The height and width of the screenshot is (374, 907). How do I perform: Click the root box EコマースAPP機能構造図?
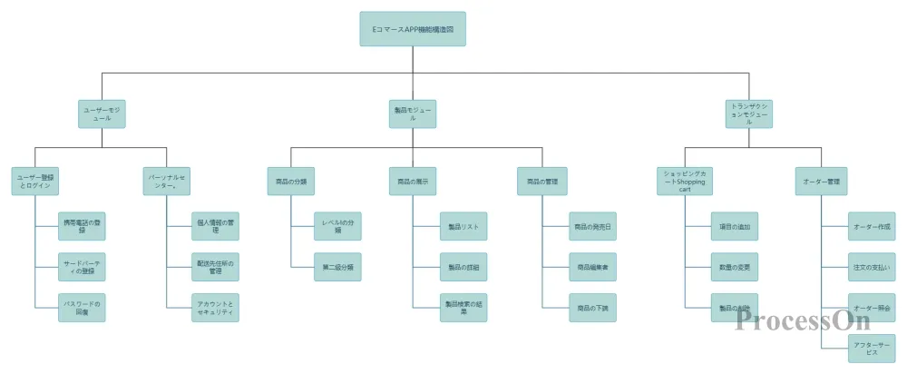click(413, 29)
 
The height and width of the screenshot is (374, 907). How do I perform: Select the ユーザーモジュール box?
click(102, 113)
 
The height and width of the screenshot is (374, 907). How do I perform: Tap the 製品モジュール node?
click(413, 113)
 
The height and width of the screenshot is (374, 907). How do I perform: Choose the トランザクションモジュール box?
click(749, 113)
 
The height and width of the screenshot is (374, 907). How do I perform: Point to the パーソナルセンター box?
click(167, 182)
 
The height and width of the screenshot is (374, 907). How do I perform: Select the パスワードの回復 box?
click(82, 307)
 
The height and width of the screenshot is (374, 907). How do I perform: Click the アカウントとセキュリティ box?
click(215, 307)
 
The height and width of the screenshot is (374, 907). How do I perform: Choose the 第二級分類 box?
click(338, 267)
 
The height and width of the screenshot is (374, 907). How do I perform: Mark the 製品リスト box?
click(463, 226)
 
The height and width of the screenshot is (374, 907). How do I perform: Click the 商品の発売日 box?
click(593, 226)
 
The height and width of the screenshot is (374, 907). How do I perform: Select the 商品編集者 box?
click(593, 267)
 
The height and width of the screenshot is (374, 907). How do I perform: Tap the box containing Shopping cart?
click(685, 182)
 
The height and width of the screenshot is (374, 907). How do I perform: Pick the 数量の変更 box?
click(733, 267)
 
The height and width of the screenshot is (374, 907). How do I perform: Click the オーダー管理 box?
click(821, 182)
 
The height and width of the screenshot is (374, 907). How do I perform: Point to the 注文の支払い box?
click(872, 267)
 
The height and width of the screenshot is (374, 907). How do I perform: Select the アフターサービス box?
click(872, 348)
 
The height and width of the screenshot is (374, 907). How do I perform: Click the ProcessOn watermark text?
click(803, 320)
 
